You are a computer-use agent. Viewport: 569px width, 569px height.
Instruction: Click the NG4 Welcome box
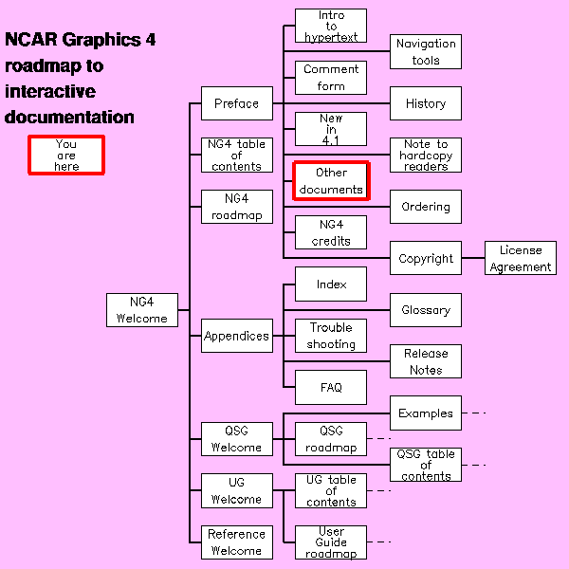(142, 310)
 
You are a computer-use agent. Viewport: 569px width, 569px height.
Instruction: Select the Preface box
(236, 103)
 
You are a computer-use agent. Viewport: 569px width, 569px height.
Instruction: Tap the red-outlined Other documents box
(331, 181)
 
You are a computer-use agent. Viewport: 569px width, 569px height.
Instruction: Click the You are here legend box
(65, 156)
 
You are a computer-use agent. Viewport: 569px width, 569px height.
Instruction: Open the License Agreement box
(521, 258)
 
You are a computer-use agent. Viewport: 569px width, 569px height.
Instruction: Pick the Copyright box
(426, 258)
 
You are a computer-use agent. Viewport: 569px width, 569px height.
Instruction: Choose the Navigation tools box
(426, 52)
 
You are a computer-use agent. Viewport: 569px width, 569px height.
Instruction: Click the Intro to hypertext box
(331, 26)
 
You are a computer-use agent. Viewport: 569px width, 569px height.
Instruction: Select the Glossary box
(426, 310)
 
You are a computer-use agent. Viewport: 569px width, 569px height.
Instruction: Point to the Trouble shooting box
(331, 336)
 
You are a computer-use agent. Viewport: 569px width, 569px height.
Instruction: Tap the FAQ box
(331, 387)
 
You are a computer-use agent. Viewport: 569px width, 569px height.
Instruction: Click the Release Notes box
(426, 361)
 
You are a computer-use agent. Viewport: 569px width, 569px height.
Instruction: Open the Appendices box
(236, 336)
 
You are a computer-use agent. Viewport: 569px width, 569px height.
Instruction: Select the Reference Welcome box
(236, 542)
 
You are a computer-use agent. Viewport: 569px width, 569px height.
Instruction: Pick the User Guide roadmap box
(331, 542)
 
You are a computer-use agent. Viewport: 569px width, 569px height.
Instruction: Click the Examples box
(426, 413)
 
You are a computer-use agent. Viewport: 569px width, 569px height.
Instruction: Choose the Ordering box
(426, 207)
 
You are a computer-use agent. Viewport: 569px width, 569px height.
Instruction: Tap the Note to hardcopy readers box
(426, 156)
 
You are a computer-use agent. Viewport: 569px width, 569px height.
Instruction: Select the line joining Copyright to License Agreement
(473, 258)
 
